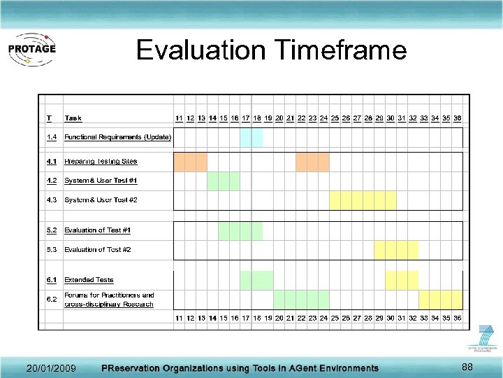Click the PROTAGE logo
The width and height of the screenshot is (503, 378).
31,50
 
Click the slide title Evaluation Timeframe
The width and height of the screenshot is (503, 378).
271,50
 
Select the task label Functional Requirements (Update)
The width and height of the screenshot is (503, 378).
117,137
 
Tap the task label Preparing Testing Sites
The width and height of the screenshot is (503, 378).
101,162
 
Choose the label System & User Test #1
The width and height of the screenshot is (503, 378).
101,181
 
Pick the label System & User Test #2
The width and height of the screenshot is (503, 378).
101,200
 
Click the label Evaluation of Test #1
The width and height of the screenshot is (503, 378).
97,230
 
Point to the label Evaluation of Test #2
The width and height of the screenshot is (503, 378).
97,249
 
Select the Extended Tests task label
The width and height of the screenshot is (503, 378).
89,280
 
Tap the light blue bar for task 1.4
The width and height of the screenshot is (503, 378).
251,137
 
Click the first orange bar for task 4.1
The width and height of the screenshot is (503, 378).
190,162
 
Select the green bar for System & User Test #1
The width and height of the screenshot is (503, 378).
223,181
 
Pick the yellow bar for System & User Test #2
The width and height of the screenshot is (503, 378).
362,200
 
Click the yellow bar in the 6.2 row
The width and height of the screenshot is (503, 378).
440,300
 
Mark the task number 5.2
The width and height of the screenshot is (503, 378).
52,230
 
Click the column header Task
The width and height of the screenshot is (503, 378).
73,118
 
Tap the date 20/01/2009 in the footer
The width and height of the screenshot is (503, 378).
51,368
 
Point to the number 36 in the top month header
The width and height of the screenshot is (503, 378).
457,118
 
